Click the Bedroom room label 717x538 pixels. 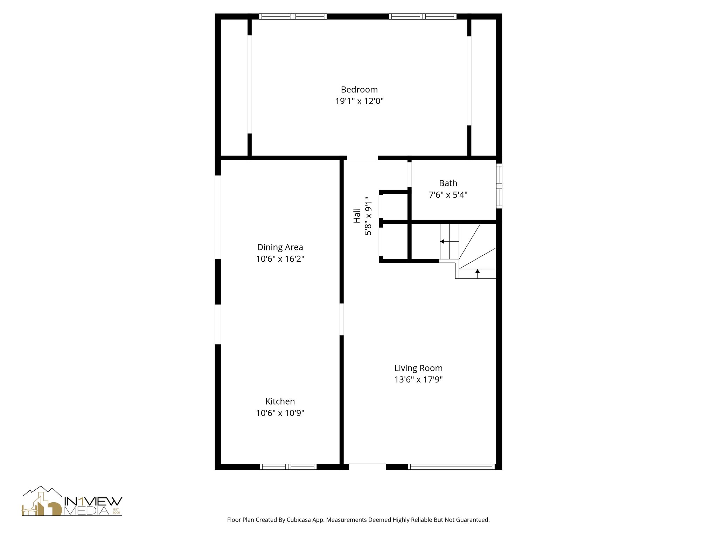(359, 89)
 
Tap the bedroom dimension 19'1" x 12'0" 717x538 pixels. (359, 101)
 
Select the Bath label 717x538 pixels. (448, 183)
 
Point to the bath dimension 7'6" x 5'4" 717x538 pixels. (448, 195)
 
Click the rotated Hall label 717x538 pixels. (357, 215)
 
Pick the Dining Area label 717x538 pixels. (280, 247)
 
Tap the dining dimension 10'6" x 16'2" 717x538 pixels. (280, 259)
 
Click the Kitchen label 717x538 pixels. (280, 401)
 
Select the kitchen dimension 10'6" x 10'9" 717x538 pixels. (280, 413)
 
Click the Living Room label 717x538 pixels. (418, 368)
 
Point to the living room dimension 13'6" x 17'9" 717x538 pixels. (418, 380)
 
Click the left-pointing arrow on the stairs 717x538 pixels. (443, 241)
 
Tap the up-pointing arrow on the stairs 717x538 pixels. (478, 271)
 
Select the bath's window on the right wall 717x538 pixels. (499, 186)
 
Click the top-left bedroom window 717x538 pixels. (293, 16)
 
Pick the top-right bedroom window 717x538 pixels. (423, 16)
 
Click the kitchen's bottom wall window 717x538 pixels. (288, 467)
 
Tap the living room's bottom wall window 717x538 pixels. (451, 467)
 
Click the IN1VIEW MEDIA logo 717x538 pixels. (72, 501)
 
